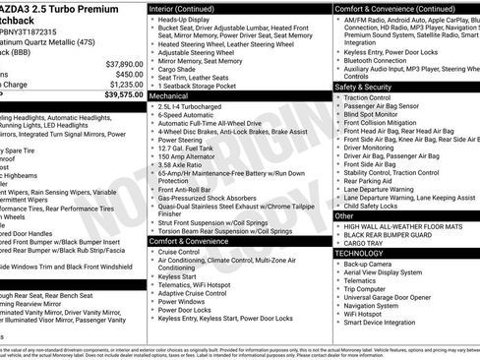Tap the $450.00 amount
123,74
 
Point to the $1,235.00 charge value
118,85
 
